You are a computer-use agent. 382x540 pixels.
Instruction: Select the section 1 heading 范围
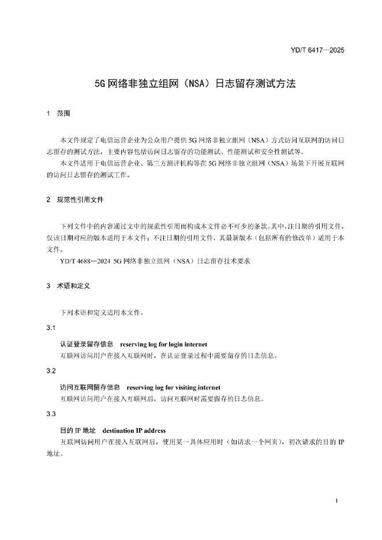pos(63,114)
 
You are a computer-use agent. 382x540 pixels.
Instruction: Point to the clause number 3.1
pos(51,328)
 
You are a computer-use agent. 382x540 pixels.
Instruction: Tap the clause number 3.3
pos(51,415)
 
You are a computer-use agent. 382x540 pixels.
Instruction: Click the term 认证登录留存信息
pos(87,344)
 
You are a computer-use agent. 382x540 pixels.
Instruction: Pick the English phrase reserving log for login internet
pos(163,344)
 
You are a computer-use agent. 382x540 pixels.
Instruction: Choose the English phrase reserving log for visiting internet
pos(174,387)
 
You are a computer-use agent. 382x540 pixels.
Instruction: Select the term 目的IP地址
pos(77,430)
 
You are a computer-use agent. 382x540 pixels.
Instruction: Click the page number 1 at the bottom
pos(336,501)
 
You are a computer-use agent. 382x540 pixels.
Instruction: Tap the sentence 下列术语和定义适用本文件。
pos(98,313)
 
